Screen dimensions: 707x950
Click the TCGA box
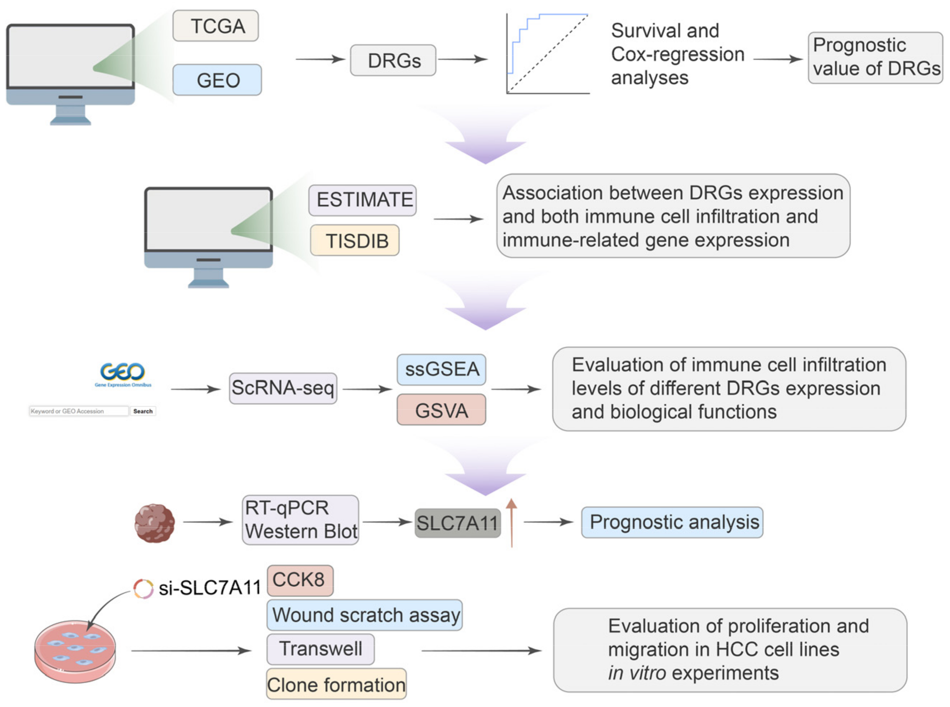pos(215,26)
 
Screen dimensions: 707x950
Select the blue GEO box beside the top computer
pos(217,80)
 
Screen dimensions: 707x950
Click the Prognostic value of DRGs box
pos(875,57)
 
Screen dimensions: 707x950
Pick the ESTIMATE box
pos(362,200)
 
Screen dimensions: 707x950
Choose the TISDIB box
pos(354,240)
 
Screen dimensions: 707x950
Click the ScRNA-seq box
pos(283,388)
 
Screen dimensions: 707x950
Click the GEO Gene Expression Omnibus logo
pos(122,373)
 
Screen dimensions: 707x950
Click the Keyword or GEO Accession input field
pos(78,411)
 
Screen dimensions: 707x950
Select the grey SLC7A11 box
pos(457,522)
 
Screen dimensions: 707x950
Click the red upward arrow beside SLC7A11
pos(511,522)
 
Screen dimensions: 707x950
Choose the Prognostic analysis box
pos(671,522)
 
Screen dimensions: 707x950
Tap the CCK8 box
pos(299,580)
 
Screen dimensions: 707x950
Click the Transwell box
pos(320,648)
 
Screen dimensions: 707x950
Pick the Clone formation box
pos(336,684)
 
